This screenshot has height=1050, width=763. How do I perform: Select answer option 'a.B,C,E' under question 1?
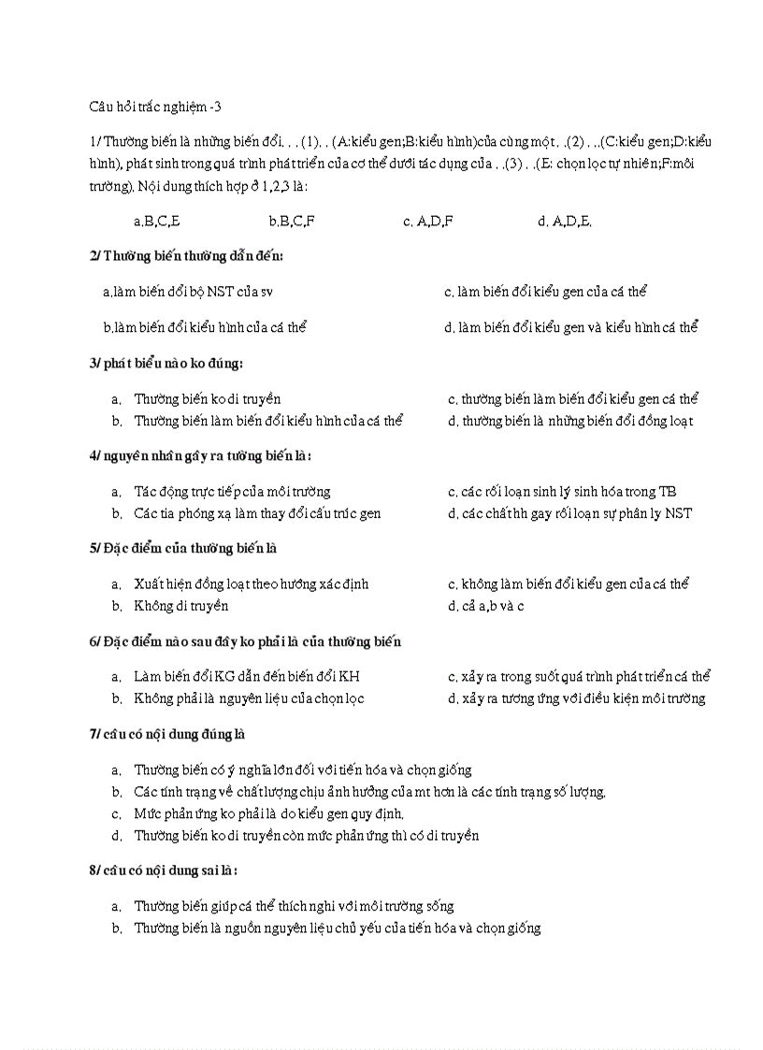tap(157, 222)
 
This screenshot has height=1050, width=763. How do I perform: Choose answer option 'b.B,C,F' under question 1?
tap(291, 222)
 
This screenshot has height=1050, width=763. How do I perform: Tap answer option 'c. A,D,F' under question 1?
tap(428, 222)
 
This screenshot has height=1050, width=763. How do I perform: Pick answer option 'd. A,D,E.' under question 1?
tap(565, 222)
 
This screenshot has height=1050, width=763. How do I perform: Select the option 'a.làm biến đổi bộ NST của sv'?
tap(188, 292)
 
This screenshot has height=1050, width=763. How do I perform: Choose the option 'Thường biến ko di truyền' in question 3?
tap(207, 399)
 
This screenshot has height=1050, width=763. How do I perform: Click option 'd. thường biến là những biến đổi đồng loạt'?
tap(570, 421)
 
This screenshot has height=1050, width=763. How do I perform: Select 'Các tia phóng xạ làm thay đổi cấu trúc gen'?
tap(257, 513)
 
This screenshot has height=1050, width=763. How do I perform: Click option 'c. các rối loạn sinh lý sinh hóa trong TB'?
tap(563, 492)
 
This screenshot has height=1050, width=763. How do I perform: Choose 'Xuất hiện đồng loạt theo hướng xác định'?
tap(251, 584)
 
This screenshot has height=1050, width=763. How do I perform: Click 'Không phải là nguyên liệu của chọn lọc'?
tap(249, 698)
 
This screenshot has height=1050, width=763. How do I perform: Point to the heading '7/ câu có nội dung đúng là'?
tap(167, 734)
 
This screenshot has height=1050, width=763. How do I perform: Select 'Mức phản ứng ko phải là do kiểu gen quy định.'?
tap(268, 813)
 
